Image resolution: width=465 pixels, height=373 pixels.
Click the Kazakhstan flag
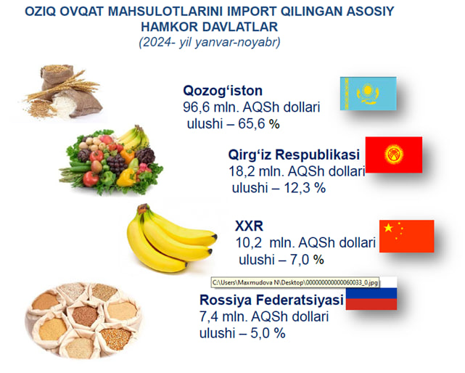368,94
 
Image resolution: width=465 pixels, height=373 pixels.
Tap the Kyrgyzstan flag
394,155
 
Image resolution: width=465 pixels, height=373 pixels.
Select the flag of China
406,236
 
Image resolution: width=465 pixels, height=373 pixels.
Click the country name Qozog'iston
223,91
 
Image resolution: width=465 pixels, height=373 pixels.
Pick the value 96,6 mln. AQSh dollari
252,107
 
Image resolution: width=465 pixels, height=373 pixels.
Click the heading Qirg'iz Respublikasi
294,155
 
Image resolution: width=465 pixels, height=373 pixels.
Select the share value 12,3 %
305,188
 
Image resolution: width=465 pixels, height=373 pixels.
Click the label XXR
249,226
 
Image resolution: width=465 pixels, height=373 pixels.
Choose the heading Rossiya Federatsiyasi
271,300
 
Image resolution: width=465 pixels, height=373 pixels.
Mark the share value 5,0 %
268,333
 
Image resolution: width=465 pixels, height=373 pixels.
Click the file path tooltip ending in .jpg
295,282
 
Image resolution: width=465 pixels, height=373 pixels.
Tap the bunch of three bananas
171,238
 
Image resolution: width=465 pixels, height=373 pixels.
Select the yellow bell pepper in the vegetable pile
126,178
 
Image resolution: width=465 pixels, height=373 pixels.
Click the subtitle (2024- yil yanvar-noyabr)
210,42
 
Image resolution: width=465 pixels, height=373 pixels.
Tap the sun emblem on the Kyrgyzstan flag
394,155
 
